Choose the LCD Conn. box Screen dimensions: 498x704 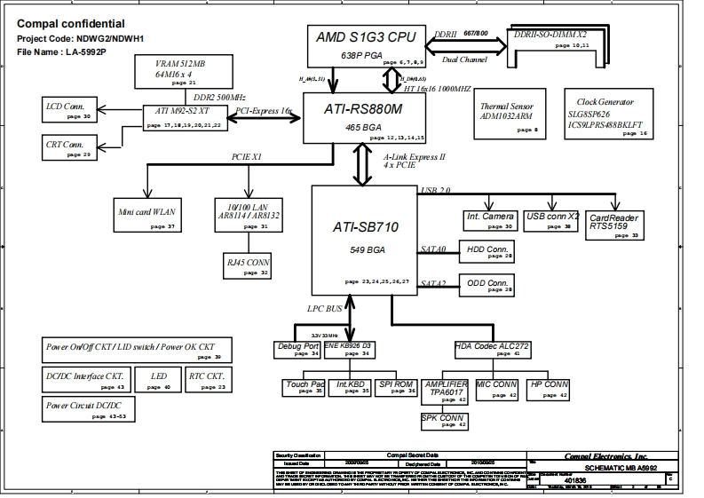pos(68,110)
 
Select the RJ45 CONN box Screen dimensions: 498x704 pos(247,265)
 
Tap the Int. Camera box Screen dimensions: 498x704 pos(489,220)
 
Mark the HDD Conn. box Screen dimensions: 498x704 pos(486,252)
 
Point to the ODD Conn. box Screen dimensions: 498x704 pos(486,286)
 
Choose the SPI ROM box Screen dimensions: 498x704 pos(395,388)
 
